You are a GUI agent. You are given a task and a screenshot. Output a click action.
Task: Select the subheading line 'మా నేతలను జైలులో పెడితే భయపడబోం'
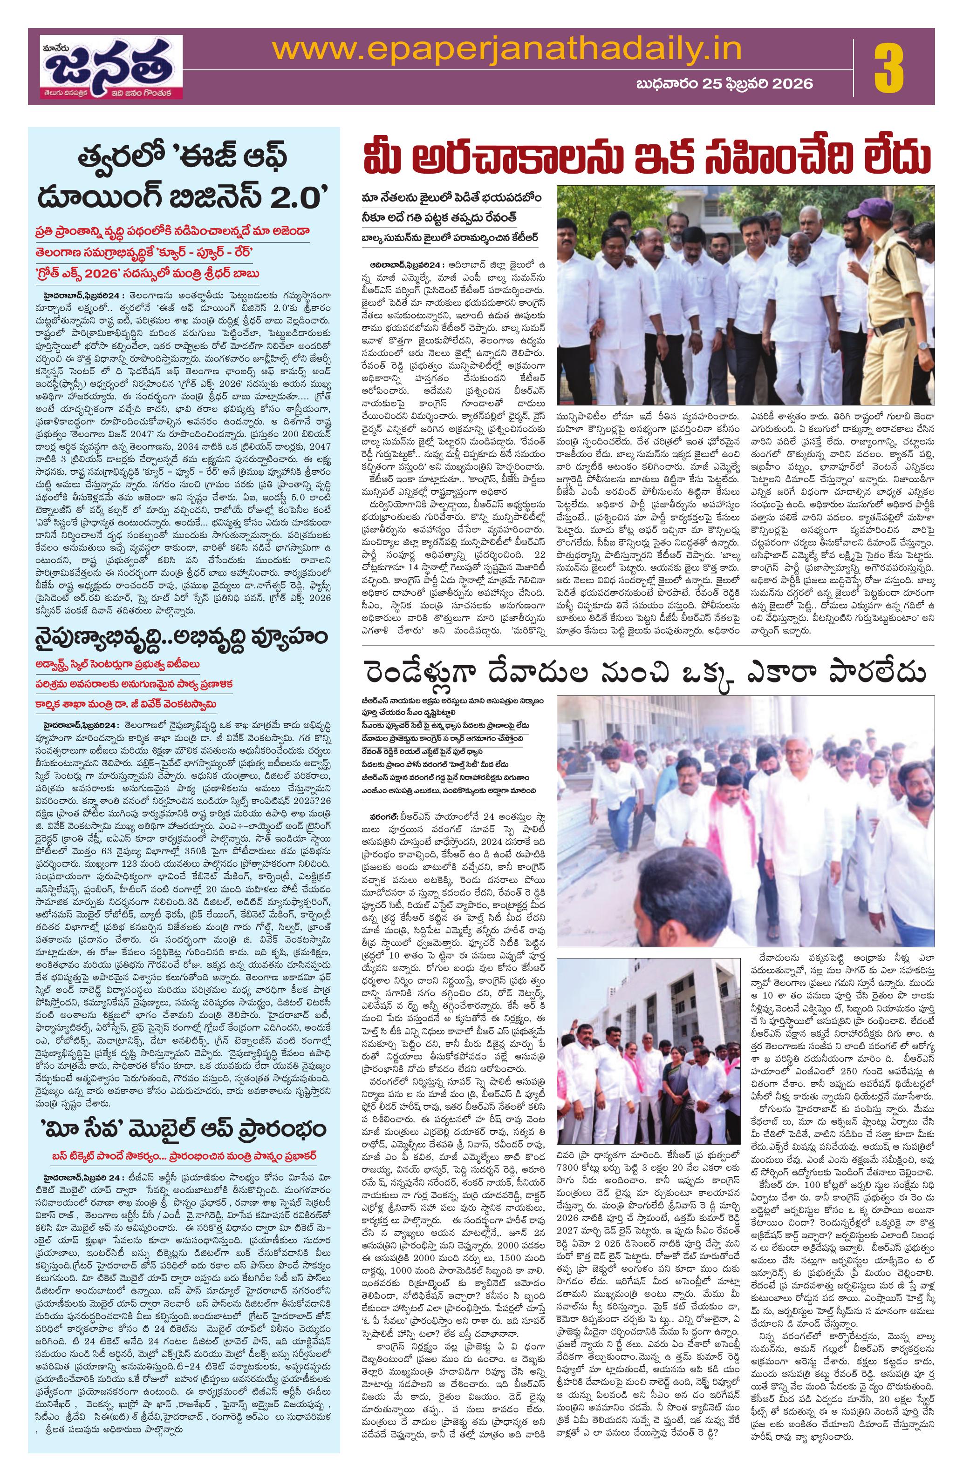(x=452, y=198)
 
